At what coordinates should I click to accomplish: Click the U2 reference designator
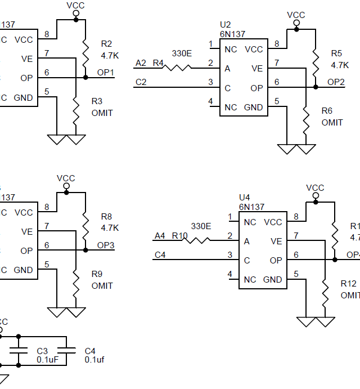pos(225,25)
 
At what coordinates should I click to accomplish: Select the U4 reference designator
pos(244,198)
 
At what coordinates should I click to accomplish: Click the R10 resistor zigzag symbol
pos(197,240)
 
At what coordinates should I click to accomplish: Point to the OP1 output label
pos(105,73)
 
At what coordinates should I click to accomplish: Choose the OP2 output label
pos(336,82)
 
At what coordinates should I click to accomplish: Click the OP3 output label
pos(105,245)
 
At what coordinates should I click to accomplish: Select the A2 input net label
pos(141,62)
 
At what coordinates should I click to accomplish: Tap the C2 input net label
pos(141,82)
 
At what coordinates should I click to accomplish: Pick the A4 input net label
pos(160,235)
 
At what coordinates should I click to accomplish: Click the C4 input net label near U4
pos(160,255)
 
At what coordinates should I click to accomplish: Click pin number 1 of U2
pos(210,44)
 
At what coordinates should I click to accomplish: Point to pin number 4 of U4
pos(229,274)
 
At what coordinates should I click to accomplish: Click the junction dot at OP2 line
pos(316,87)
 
